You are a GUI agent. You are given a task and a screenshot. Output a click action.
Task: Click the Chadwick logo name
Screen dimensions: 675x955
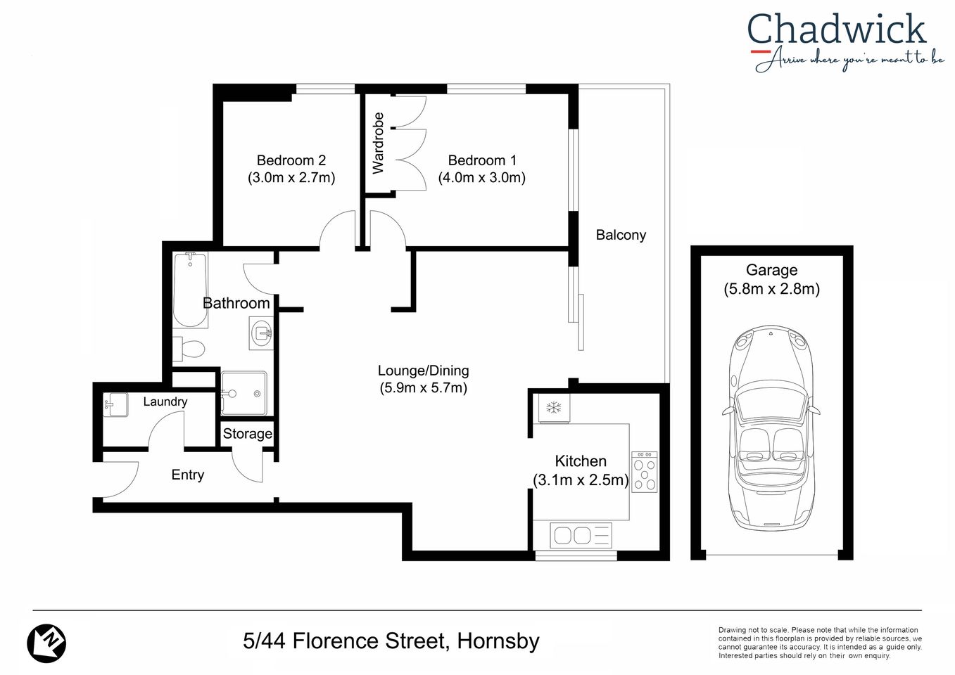coord(836,30)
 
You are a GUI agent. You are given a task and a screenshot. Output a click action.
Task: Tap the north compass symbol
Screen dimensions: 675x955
coord(46,643)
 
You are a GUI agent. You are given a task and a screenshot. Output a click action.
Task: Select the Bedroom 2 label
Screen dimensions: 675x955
coord(291,160)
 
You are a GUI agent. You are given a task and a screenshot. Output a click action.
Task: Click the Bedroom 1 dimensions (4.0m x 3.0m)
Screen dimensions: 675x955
coord(481,178)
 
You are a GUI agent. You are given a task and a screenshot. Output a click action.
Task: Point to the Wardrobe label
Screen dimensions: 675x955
coord(378,143)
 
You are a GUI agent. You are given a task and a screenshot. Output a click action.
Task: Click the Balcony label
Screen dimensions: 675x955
coord(620,235)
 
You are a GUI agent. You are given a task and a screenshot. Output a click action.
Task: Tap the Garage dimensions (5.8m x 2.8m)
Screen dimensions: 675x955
coord(771,289)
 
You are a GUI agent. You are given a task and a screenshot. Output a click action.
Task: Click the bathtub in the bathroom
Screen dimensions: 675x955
coord(190,290)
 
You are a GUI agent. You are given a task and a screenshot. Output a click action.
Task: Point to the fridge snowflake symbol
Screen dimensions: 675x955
coord(554,408)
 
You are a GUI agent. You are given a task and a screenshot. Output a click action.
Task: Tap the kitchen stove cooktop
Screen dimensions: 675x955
coord(644,472)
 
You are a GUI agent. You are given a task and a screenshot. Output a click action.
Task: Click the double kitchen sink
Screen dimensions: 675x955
coord(572,536)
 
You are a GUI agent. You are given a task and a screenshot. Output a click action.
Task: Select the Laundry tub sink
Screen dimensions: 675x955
coord(116,405)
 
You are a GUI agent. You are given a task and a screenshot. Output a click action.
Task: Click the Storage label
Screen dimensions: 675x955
coord(247,434)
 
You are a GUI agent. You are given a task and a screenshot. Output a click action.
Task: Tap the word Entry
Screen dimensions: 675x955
coord(187,475)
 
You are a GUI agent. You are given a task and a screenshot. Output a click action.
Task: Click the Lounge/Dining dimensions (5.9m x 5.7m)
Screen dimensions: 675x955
coord(423,387)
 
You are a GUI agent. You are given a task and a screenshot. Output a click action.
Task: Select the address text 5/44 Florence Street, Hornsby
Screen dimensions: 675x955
coord(391,641)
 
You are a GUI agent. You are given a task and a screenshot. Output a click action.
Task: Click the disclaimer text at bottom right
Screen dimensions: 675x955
coord(819,643)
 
